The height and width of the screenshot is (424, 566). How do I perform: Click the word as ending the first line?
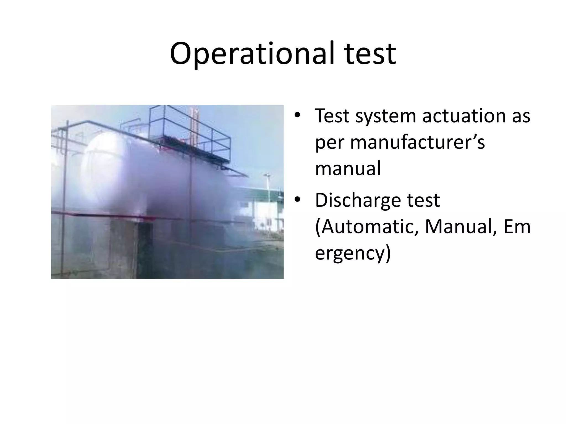(x=521, y=116)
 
